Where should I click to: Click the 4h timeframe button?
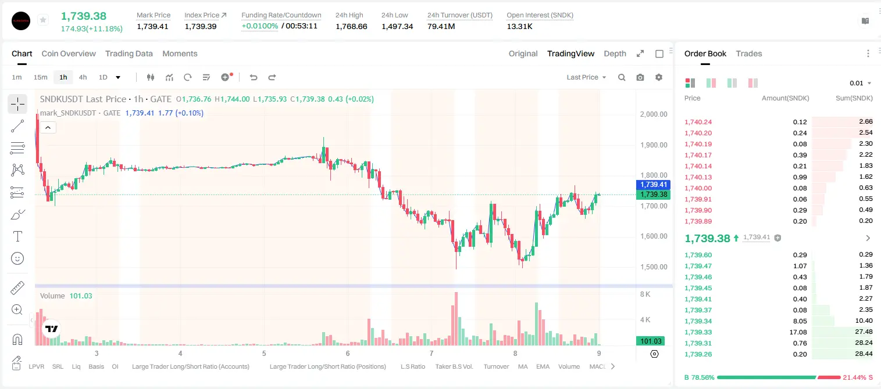pos(83,77)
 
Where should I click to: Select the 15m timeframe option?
pos(41,77)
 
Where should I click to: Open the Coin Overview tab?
pos(69,53)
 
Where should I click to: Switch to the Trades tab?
pos(749,53)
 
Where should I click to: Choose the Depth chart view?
pos(615,53)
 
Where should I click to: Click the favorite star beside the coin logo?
pos(43,20)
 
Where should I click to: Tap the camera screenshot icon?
pos(640,77)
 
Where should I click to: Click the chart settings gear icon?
pos(659,77)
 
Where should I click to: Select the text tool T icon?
pos(17,236)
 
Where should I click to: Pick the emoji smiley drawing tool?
pos(17,258)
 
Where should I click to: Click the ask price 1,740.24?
pos(698,122)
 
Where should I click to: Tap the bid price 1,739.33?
pos(698,332)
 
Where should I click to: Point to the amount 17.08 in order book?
pos(798,332)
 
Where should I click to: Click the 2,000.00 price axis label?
pos(654,114)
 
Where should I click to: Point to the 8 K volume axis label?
pos(645,294)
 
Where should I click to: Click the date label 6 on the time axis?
pos(348,353)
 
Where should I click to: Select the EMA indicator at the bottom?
pos(543,366)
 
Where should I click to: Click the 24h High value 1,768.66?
pos(351,26)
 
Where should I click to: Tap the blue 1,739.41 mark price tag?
pos(653,185)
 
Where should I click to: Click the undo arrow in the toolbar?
pos(254,77)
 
